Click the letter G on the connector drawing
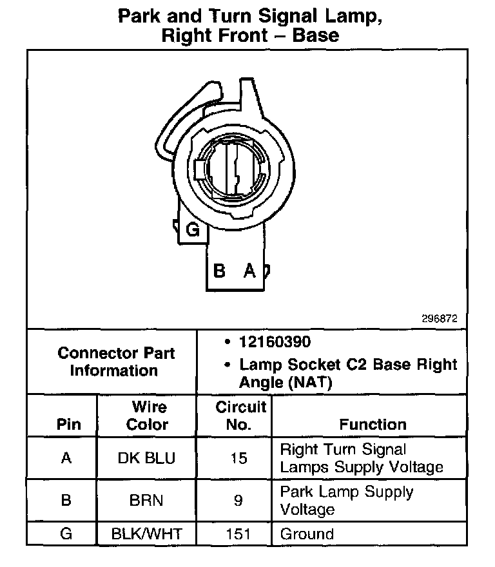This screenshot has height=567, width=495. tap(191, 229)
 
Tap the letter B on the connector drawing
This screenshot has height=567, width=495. tap(219, 271)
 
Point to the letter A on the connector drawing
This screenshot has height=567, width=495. tap(249, 271)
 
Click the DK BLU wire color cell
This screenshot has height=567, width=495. tap(146, 458)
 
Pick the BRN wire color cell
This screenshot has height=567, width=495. tap(146, 500)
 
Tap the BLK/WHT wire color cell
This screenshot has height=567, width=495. tap(146, 534)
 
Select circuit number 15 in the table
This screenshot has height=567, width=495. tap(238, 458)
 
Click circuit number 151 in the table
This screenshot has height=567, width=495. tap(238, 534)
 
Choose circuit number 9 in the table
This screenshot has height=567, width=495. tap(238, 500)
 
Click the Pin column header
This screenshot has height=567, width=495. tap(69, 425)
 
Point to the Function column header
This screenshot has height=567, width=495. tap(373, 425)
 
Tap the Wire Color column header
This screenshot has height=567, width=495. tap(148, 416)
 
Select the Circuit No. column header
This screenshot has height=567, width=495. tap(240, 416)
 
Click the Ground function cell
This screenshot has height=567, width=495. tap(307, 534)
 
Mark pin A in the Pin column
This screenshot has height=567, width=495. tap(66, 458)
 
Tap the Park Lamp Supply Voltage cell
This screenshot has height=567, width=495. tap(346, 500)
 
